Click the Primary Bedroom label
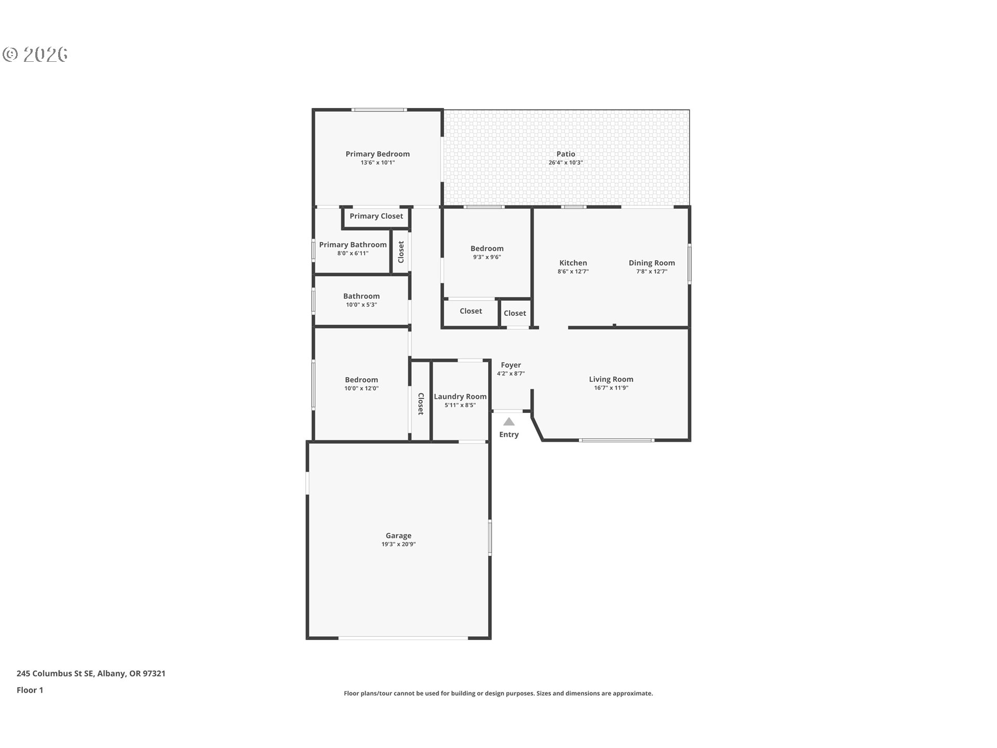tap(378, 154)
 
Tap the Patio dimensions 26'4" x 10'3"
tap(565, 163)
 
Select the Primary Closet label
tap(376, 216)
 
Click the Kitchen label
tap(573, 263)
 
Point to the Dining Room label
tap(652, 263)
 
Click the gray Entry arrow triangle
tap(509, 422)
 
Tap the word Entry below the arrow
tap(509, 435)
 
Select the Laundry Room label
tap(460, 396)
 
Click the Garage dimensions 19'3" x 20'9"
tap(398, 544)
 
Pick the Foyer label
tap(511, 365)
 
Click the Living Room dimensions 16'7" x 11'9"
tap(611, 388)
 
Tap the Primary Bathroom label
tap(353, 245)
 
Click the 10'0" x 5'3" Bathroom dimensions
tap(361, 305)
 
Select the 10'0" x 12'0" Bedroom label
tap(361, 380)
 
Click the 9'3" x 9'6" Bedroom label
tap(487, 248)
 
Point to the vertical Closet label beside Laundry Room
tap(421, 404)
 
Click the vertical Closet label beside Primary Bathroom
tap(401, 252)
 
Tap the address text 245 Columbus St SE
tap(55, 674)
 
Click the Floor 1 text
tap(30, 690)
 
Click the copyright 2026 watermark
tap(35, 54)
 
